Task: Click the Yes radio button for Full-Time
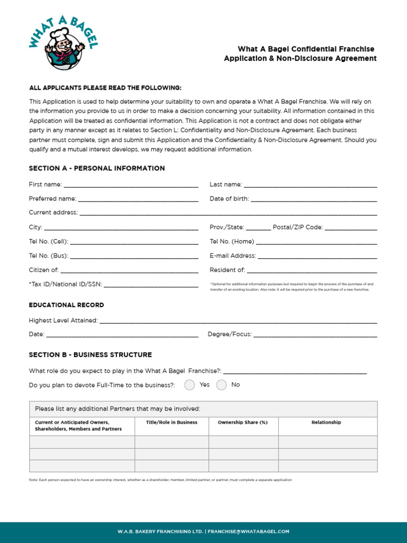click(x=190, y=385)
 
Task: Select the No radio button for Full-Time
click(x=222, y=385)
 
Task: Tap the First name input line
click(x=130, y=185)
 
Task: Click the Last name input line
click(x=310, y=185)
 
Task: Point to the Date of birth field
click(x=314, y=199)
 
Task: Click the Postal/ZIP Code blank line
click(x=351, y=227)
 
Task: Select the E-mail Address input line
click(x=317, y=256)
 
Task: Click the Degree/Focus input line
click(x=315, y=335)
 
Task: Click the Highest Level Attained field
click(x=238, y=321)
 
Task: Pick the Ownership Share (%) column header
click(x=243, y=423)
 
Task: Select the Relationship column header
click(x=326, y=423)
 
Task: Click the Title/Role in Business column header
click(x=172, y=423)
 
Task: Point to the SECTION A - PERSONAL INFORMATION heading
click(x=97, y=169)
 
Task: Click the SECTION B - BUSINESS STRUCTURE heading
click(x=91, y=355)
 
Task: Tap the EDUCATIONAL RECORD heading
click(x=66, y=305)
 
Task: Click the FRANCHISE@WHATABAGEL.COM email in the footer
click(x=249, y=531)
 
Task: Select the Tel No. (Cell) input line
click(x=134, y=242)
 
